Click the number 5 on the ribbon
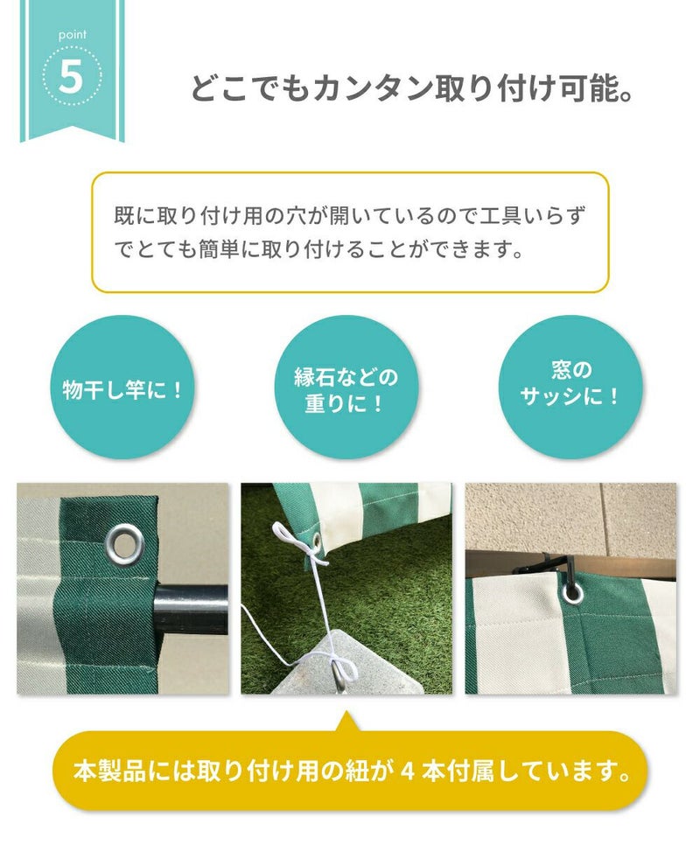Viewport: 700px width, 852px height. tap(71, 77)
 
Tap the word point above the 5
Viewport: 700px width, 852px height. tap(73, 35)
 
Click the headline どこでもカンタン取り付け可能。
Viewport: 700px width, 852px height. tap(412, 88)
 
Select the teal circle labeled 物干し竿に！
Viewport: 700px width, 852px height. tap(122, 388)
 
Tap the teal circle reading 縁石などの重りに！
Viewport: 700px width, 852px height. tap(346, 388)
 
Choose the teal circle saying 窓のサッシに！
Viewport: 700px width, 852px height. tap(570, 388)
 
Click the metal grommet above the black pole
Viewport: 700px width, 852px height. tap(124, 542)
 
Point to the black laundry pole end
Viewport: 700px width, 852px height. tap(191, 609)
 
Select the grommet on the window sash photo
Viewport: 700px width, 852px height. tap(573, 591)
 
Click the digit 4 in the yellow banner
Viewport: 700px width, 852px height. tap(408, 771)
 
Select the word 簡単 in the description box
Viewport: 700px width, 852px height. tap(220, 249)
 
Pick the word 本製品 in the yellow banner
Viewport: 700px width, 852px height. tap(110, 771)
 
